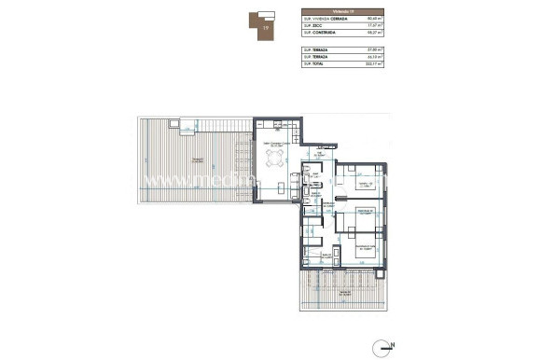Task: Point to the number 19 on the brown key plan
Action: click(266, 29)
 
